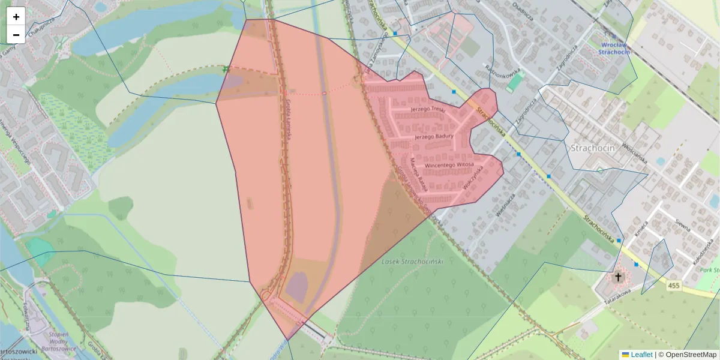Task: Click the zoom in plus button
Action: [16, 17]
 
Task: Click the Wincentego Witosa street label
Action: [449, 164]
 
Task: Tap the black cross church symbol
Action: [618, 277]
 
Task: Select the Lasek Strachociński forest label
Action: [412, 262]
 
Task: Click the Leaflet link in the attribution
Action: [641, 355]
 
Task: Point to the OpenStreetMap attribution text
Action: [687, 355]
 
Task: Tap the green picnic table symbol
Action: [226, 70]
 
